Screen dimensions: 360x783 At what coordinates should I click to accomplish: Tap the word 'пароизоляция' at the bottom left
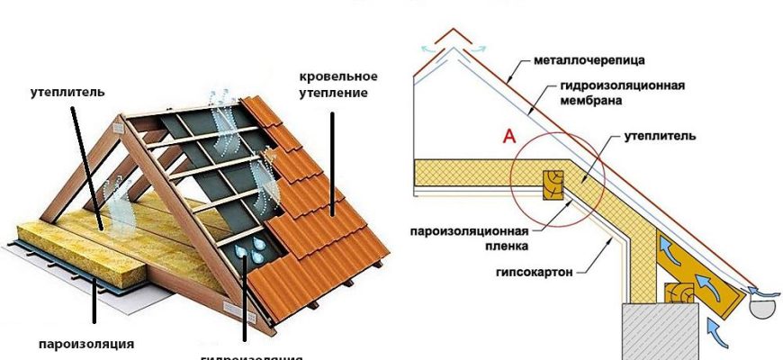tap(86, 343)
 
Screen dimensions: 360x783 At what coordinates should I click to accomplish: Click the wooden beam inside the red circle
tap(547, 184)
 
